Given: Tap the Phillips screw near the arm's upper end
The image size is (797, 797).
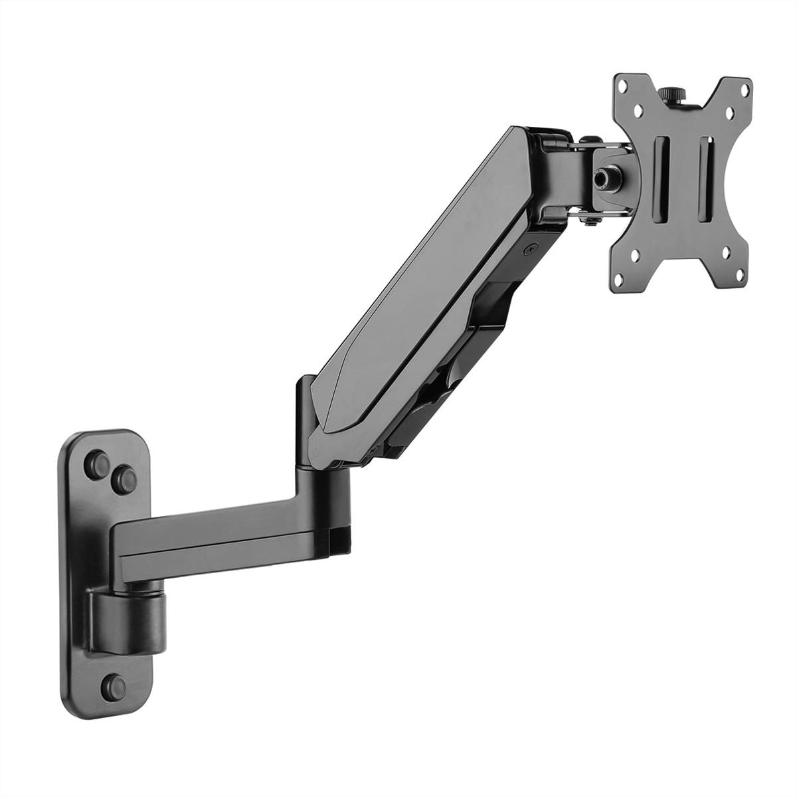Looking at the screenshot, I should [529, 249].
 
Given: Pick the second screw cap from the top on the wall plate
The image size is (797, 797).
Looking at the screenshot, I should [124, 474].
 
